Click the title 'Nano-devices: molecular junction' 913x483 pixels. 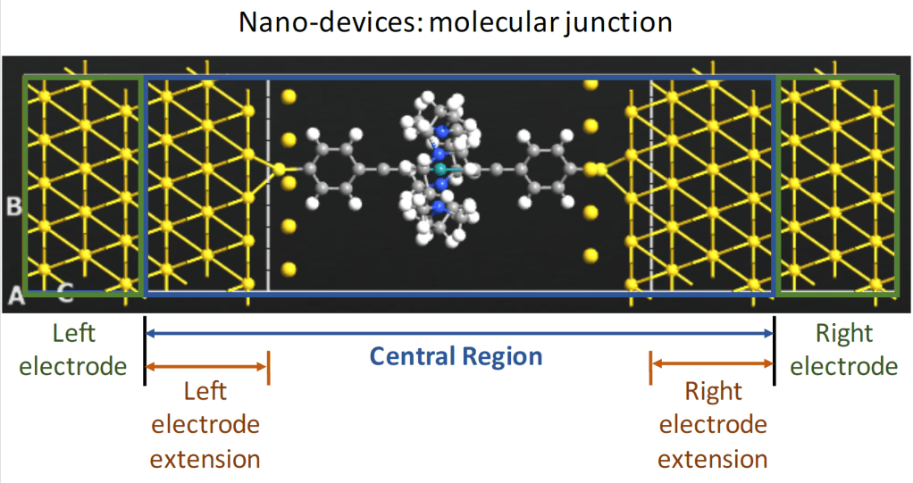point(456,22)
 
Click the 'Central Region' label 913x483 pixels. point(456,357)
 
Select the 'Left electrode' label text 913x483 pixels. point(75,349)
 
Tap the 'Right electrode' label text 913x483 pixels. point(844,349)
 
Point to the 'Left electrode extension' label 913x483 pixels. point(205,425)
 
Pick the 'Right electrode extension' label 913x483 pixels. point(712,425)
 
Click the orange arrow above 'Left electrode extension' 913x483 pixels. point(206,365)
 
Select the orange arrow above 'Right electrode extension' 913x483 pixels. point(712,362)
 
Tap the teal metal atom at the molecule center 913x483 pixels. point(439,168)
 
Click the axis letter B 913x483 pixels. point(14,207)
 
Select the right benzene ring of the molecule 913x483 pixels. point(545,168)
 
